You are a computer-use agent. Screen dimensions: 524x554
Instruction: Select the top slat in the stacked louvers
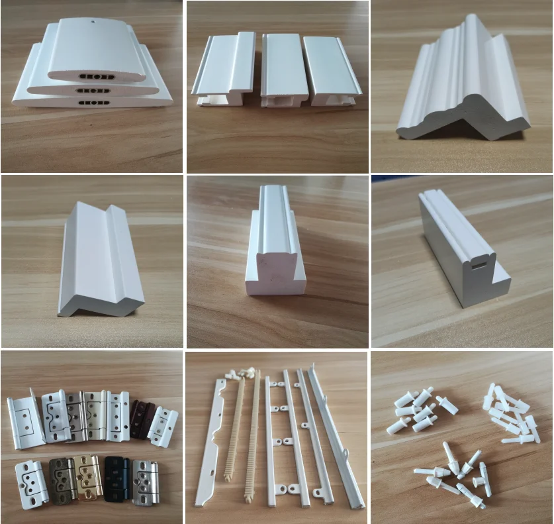point(97,50)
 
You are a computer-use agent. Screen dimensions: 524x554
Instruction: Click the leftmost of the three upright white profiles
point(225,66)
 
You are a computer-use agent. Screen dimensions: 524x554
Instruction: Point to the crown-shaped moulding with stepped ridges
point(463,83)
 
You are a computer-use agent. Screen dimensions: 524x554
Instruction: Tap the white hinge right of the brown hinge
point(162,425)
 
